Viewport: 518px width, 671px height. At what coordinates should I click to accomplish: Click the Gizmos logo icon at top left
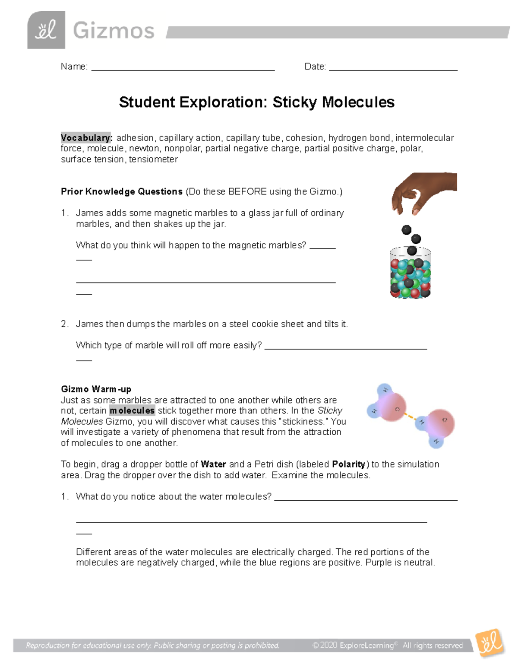coord(46,30)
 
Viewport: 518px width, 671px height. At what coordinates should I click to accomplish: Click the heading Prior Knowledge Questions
coord(122,191)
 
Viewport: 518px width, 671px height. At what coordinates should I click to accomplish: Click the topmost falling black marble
coord(406,229)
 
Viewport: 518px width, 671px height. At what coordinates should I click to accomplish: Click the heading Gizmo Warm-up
coord(96,389)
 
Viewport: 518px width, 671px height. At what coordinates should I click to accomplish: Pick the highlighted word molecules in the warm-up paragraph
coord(132,410)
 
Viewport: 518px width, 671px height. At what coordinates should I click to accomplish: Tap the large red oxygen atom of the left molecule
coord(393,407)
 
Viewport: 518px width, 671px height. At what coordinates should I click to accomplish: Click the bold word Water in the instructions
coord(214,464)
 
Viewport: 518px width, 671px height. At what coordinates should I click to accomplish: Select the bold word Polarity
coord(349,464)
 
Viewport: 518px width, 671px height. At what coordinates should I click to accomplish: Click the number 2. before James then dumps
coord(64,324)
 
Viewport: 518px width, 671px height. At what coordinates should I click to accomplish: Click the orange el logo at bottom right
coord(490,643)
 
